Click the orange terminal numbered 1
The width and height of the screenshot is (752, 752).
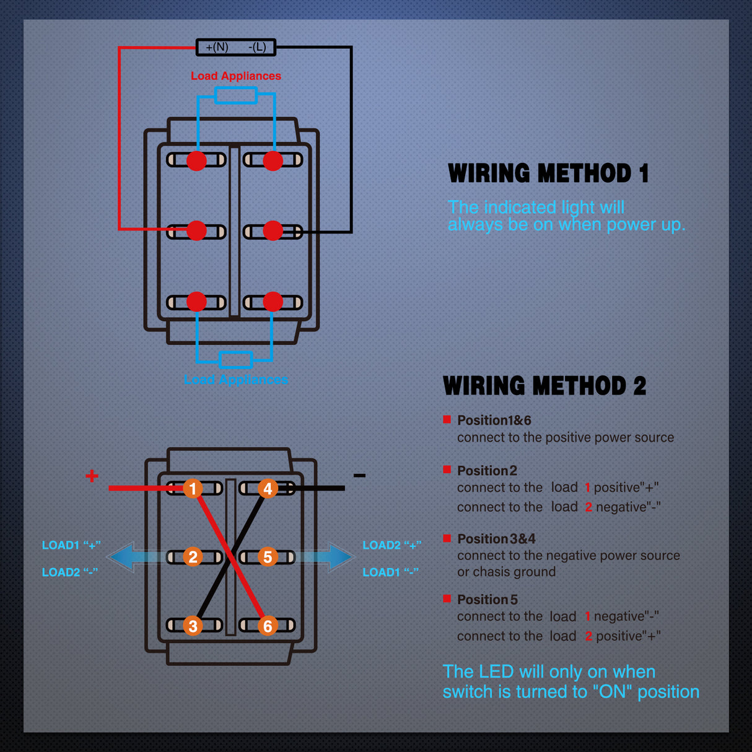tap(193, 488)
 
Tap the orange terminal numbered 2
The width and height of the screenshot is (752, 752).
tap(193, 557)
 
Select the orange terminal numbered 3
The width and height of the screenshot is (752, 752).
tap(193, 626)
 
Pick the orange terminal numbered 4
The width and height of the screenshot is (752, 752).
tap(268, 488)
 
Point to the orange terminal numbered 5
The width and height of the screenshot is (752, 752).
tap(268, 557)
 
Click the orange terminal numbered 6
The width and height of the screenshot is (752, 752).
tap(268, 626)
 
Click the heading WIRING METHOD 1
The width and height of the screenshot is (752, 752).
tap(548, 173)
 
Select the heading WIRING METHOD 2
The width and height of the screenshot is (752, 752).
tap(544, 386)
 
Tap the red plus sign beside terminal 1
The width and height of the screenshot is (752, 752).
tap(92, 476)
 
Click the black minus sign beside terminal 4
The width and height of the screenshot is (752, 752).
tap(359, 476)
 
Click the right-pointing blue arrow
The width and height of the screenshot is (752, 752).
tap(338, 557)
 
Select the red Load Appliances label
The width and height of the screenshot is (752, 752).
tap(236, 76)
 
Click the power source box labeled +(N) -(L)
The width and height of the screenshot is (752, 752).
tap(236, 47)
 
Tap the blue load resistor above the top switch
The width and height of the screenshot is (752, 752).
tap(235, 95)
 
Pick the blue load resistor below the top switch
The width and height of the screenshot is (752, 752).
tap(236, 359)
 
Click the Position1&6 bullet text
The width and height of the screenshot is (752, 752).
tap(494, 420)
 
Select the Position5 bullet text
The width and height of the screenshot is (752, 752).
tap(487, 600)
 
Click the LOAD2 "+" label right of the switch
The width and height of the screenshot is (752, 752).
tap(391, 545)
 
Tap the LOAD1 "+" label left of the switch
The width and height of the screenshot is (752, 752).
tap(71, 545)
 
